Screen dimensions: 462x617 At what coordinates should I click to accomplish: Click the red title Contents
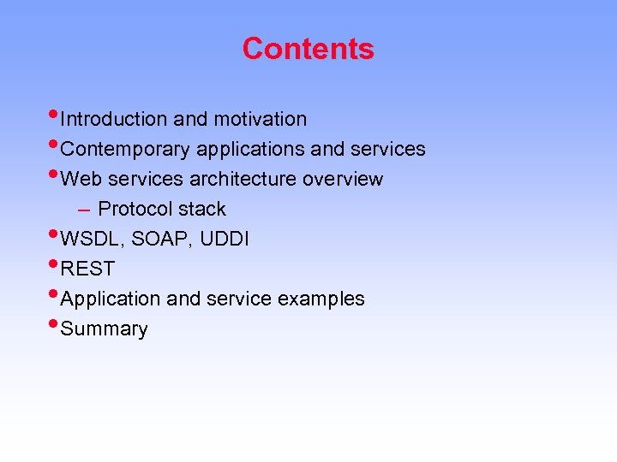pos(308,49)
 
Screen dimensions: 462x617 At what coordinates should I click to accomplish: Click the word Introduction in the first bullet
pos(114,119)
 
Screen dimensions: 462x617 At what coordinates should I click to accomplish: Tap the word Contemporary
pos(126,150)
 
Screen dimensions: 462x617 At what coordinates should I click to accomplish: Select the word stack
pos(202,209)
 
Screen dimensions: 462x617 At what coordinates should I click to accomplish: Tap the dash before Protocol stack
pos(82,210)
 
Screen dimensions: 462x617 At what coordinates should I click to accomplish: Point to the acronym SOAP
pos(163,240)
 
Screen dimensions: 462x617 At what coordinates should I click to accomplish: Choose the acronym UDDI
pos(225,240)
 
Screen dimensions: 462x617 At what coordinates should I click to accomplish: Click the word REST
pos(87,269)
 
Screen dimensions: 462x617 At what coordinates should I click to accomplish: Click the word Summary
pos(105,329)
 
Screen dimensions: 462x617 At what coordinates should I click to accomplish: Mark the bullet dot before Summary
pos(55,324)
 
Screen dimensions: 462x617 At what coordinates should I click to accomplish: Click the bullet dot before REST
pos(55,264)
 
